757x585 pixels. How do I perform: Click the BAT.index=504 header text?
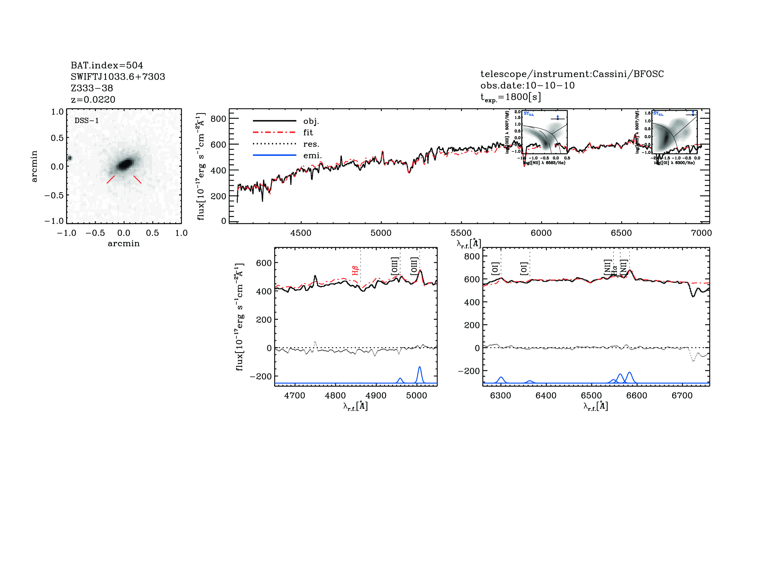(107, 65)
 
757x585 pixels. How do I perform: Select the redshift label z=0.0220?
(93, 100)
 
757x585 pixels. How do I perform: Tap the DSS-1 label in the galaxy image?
(87, 121)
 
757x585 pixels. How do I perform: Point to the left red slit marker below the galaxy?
(111, 179)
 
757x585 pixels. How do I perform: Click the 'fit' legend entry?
(308, 132)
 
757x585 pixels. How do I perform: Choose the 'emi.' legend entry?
(312, 156)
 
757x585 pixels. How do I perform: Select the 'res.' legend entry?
(311, 144)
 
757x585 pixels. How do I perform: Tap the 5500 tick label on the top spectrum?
(461, 233)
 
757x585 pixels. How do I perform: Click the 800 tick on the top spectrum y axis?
(218, 119)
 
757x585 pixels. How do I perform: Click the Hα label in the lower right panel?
(614, 270)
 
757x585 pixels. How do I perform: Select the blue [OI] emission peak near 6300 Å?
(501, 378)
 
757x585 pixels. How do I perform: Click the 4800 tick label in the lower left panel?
(335, 396)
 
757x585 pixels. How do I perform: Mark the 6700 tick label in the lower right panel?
(682, 396)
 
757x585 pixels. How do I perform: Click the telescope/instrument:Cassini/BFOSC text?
(572, 74)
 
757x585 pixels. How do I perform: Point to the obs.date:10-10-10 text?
(527, 85)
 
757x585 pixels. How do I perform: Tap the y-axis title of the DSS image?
(34, 166)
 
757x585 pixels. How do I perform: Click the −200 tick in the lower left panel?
(261, 376)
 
